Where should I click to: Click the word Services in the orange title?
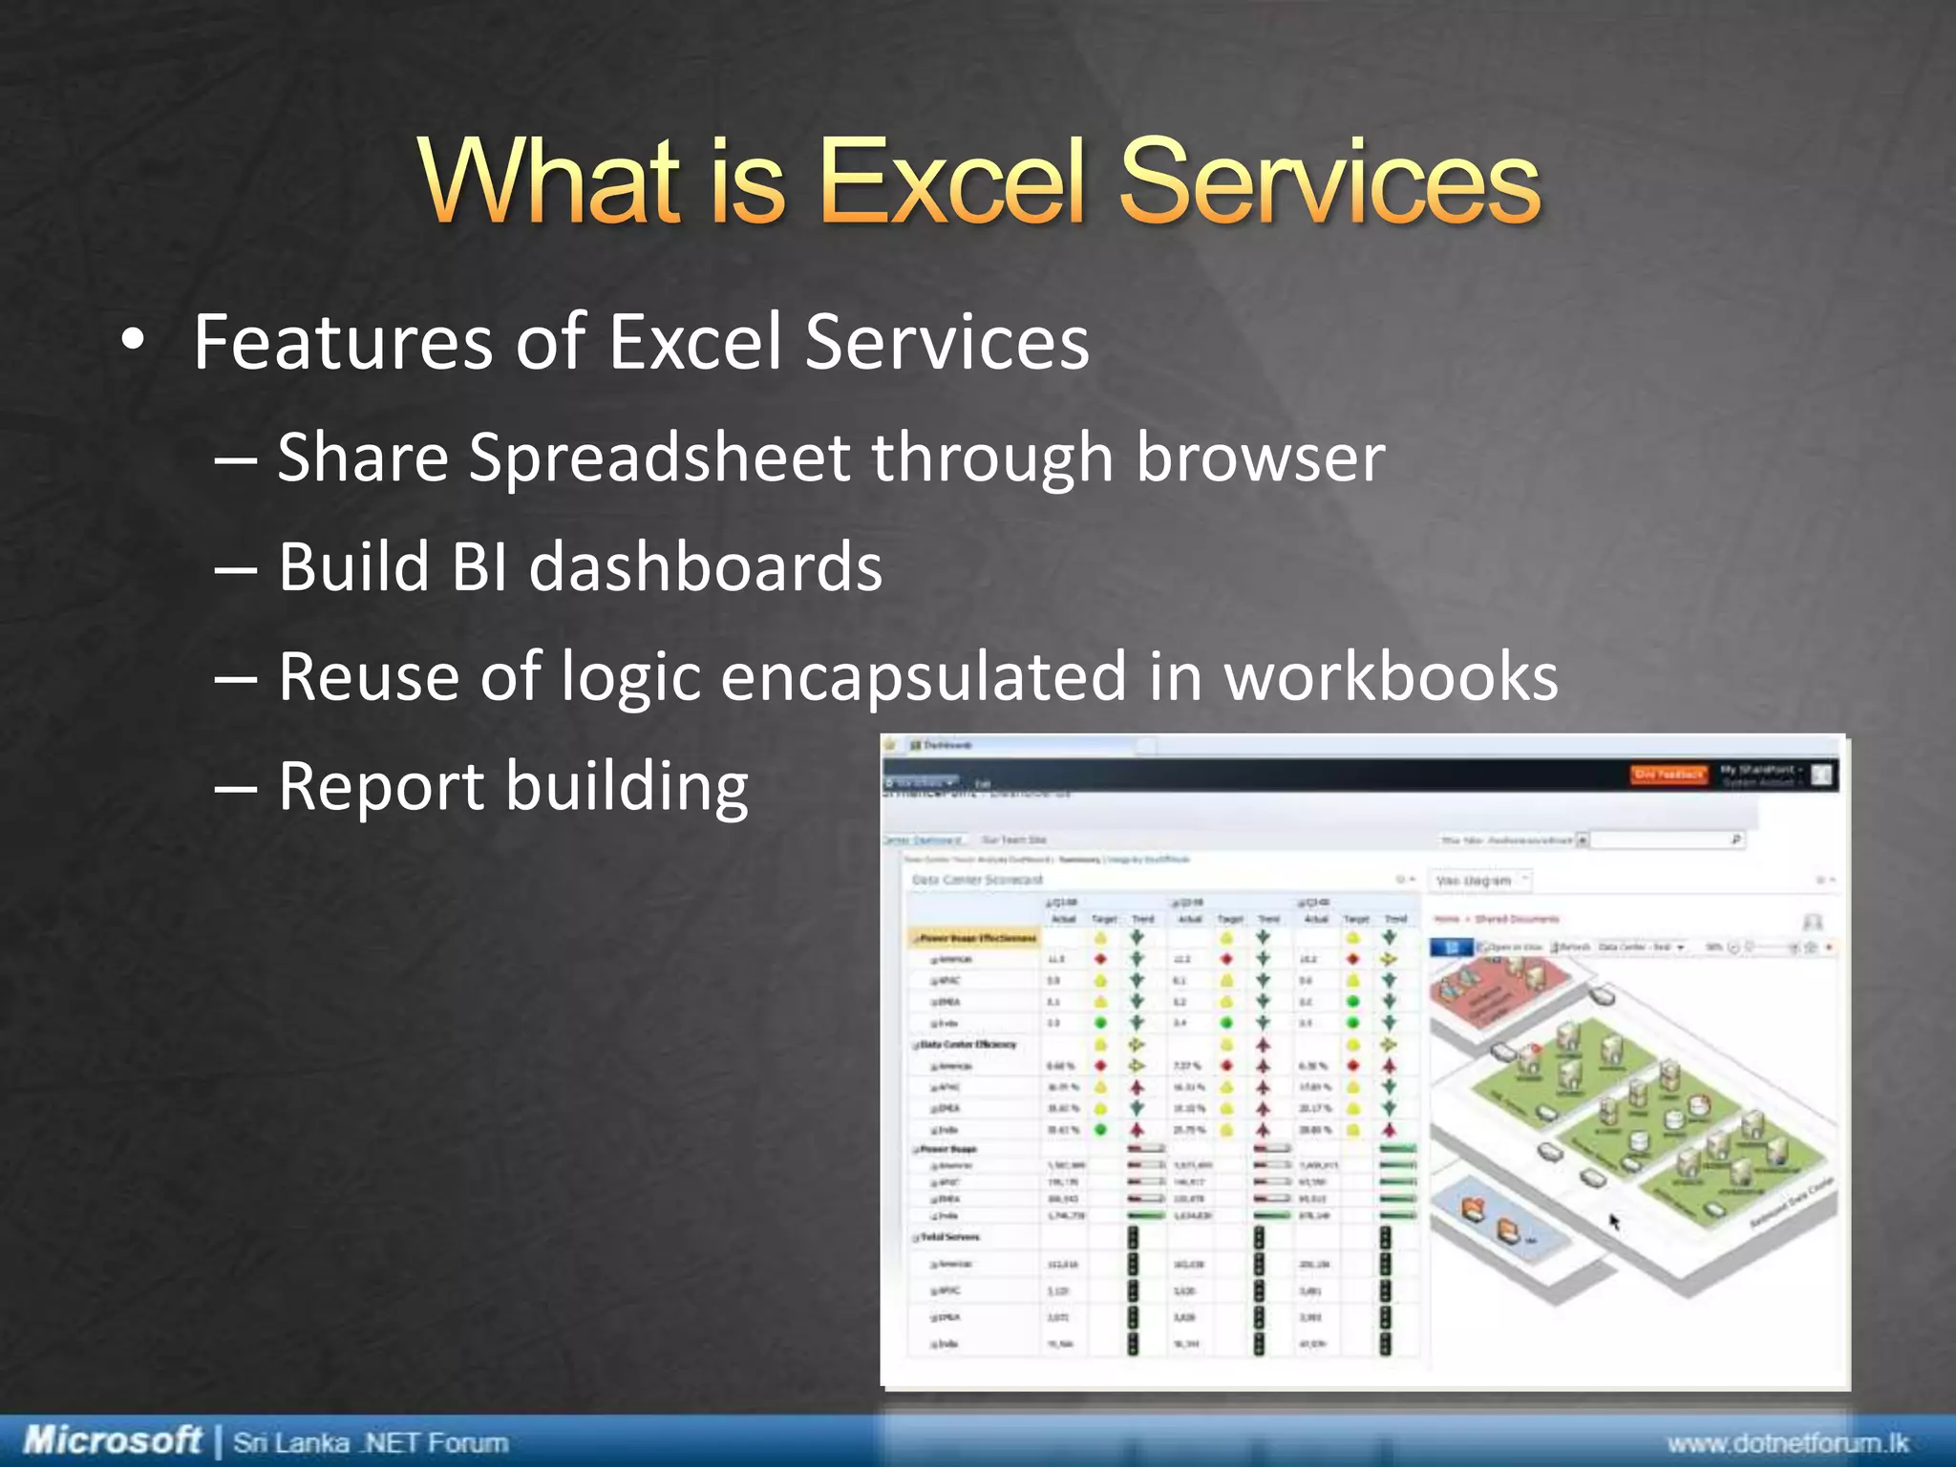pos(1329,181)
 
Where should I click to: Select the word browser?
pos(1260,457)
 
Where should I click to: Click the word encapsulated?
pos(923,677)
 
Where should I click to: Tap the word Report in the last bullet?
pos(381,787)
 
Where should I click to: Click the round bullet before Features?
pos(133,340)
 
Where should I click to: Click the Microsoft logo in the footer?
pos(113,1439)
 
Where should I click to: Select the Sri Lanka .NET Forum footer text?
pos(371,1441)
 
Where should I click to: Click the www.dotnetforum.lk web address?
pos(1787,1442)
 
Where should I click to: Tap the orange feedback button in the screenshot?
pos(1668,775)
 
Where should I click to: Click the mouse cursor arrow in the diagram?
pos(1614,1222)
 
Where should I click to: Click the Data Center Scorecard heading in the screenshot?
pos(977,880)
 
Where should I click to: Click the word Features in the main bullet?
pos(342,342)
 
